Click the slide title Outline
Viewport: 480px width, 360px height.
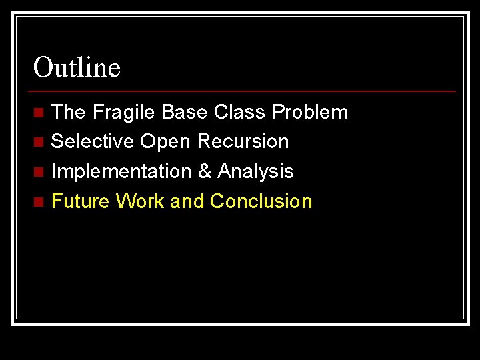pyautogui.click(x=77, y=67)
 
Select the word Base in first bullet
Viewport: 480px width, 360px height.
pyautogui.click(x=185, y=112)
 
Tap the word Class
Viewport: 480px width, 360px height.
pyautogui.click(x=240, y=112)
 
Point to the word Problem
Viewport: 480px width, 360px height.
pyautogui.click(x=310, y=112)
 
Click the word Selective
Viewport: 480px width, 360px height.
pyautogui.click(x=92, y=141)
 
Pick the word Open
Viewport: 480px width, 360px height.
pyautogui.click(x=165, y=142)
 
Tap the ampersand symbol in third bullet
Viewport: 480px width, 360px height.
pyautogui.click(x=205, y=171)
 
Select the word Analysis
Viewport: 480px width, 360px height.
pyautogui.click(x=256, y=172)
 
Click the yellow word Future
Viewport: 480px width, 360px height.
pyautogui.click(x=80, y=201)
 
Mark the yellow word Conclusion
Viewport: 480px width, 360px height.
pyautogui.click(x=261, y=201)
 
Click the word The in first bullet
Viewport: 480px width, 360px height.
pyautogui.click(x=68, y=112)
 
